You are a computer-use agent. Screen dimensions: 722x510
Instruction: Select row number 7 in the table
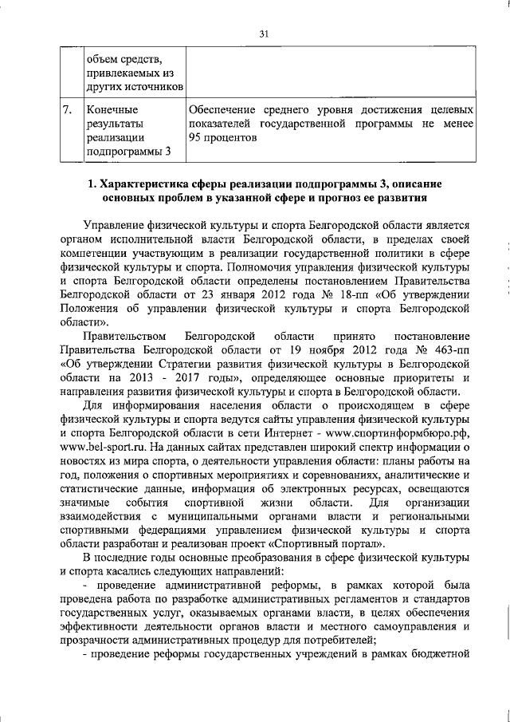click(69, 109)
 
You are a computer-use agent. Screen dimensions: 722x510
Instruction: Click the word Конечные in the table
click(112, 109)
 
